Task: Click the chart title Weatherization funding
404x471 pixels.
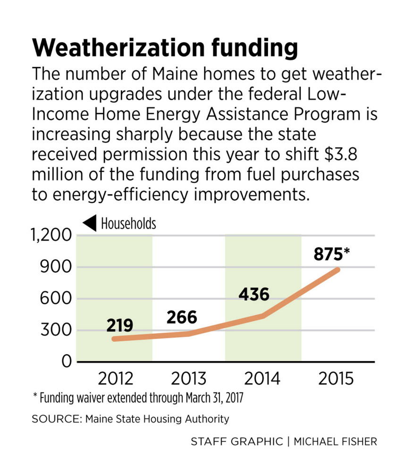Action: click(165, 48)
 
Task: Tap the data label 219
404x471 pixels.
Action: click(119, 325)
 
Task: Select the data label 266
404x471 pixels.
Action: click(182, 317)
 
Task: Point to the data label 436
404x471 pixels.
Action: click(253, 295)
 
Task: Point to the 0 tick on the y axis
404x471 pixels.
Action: click(67, 362)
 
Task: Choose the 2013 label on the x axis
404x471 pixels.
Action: click(189, 379)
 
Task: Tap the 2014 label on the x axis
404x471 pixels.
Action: click(262, 379)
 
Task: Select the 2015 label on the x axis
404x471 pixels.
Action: click(336, 379)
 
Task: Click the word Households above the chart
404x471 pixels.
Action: click(128, 223)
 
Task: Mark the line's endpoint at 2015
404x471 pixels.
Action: click(337, 270)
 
